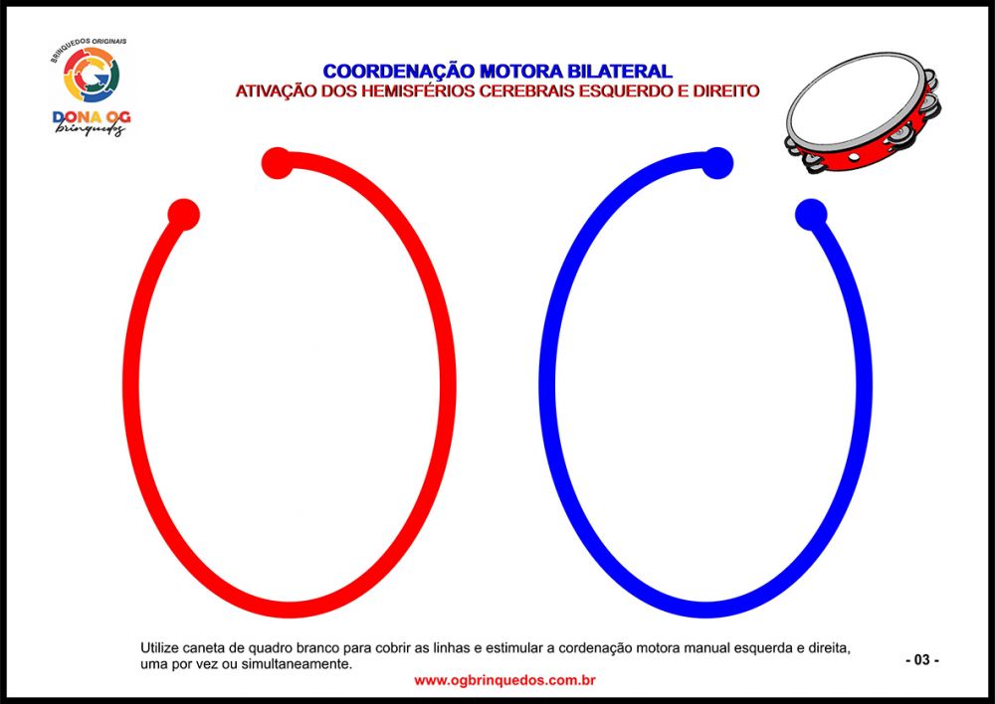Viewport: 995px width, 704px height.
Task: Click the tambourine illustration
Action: click(x=863, y=113)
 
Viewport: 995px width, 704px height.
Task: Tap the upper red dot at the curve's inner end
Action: click(x=278, y=163)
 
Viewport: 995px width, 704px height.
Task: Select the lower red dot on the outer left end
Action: click(x=183, y=215)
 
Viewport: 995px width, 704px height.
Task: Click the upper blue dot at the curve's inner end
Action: click(x=717, y=163)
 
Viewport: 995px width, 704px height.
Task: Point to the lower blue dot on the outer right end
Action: click(x=811, y=215)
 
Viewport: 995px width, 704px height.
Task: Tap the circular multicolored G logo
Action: click(x=92, y=75)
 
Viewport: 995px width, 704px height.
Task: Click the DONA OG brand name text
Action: click(x=92, y=117)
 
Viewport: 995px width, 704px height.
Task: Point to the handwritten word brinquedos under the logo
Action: click(x=91, y=128)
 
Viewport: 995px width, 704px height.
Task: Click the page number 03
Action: click(x=922, y=660)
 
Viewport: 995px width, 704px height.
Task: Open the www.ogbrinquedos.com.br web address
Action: click(x=504, y=680)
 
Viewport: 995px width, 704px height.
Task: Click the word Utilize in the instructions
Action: click(x=159, y=648)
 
